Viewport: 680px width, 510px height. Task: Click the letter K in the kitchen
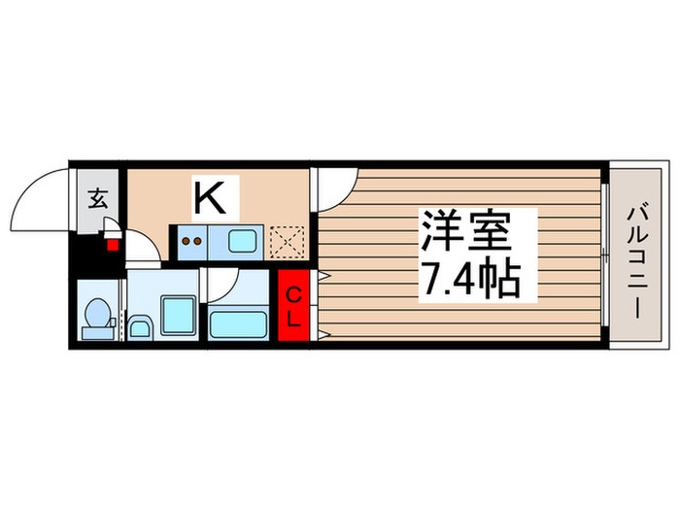[x=211, y=198]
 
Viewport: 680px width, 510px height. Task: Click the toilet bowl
[x=98, y=313]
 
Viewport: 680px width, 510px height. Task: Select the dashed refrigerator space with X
[x=286, y=239]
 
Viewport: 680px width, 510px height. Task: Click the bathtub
[x=238, y=320]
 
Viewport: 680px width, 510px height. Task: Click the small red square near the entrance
[x=113, y=244]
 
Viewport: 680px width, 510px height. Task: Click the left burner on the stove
[x=185, y=239]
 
